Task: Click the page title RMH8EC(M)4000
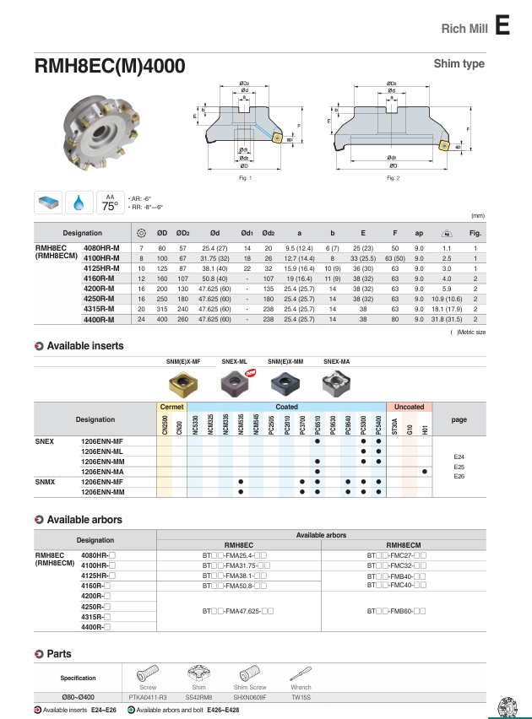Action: (x=109, y=67)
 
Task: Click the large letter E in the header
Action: (x=502, y=26)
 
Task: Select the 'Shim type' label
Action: (x=459, y=64)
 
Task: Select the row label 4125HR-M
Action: (x=101, y=268)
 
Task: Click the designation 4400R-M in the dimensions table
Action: (x=100, y=320)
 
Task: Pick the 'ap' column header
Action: (x=419, y=233)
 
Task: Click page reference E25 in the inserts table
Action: (x=459, y=467)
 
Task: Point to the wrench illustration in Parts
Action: (x=301, y=673)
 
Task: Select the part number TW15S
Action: (x=301, y=698)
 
